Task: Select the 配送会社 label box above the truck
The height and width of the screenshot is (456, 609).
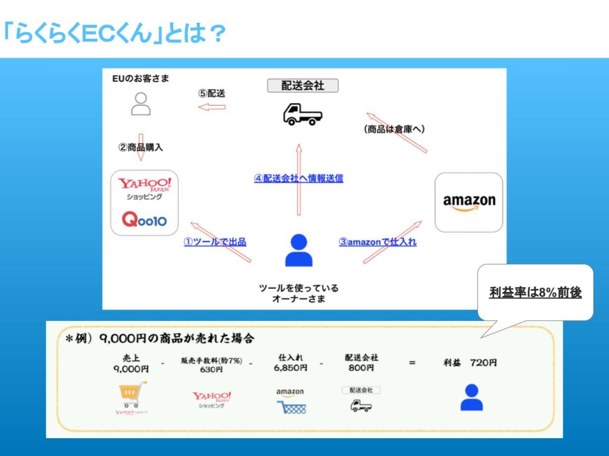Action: coord(302,86)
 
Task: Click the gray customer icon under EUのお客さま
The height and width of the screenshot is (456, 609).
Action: coord(140,103)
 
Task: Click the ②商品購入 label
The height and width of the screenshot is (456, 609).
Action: coord(140,147)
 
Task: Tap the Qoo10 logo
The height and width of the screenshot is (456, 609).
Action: coord(145,221)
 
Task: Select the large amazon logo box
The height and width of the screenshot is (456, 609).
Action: coord(469,202)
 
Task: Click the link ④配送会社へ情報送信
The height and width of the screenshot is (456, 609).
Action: coord(299,178)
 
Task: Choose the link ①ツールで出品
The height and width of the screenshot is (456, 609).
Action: coord(215,241)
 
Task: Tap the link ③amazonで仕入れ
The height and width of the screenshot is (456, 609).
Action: coord(378,241)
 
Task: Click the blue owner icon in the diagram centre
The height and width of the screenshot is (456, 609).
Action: coord(299,250)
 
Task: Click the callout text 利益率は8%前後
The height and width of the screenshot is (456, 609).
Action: coord(535,293)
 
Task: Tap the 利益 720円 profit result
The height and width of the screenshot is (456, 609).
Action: coord(470,363)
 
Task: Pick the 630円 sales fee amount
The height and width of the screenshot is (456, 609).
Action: coord(211,369)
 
